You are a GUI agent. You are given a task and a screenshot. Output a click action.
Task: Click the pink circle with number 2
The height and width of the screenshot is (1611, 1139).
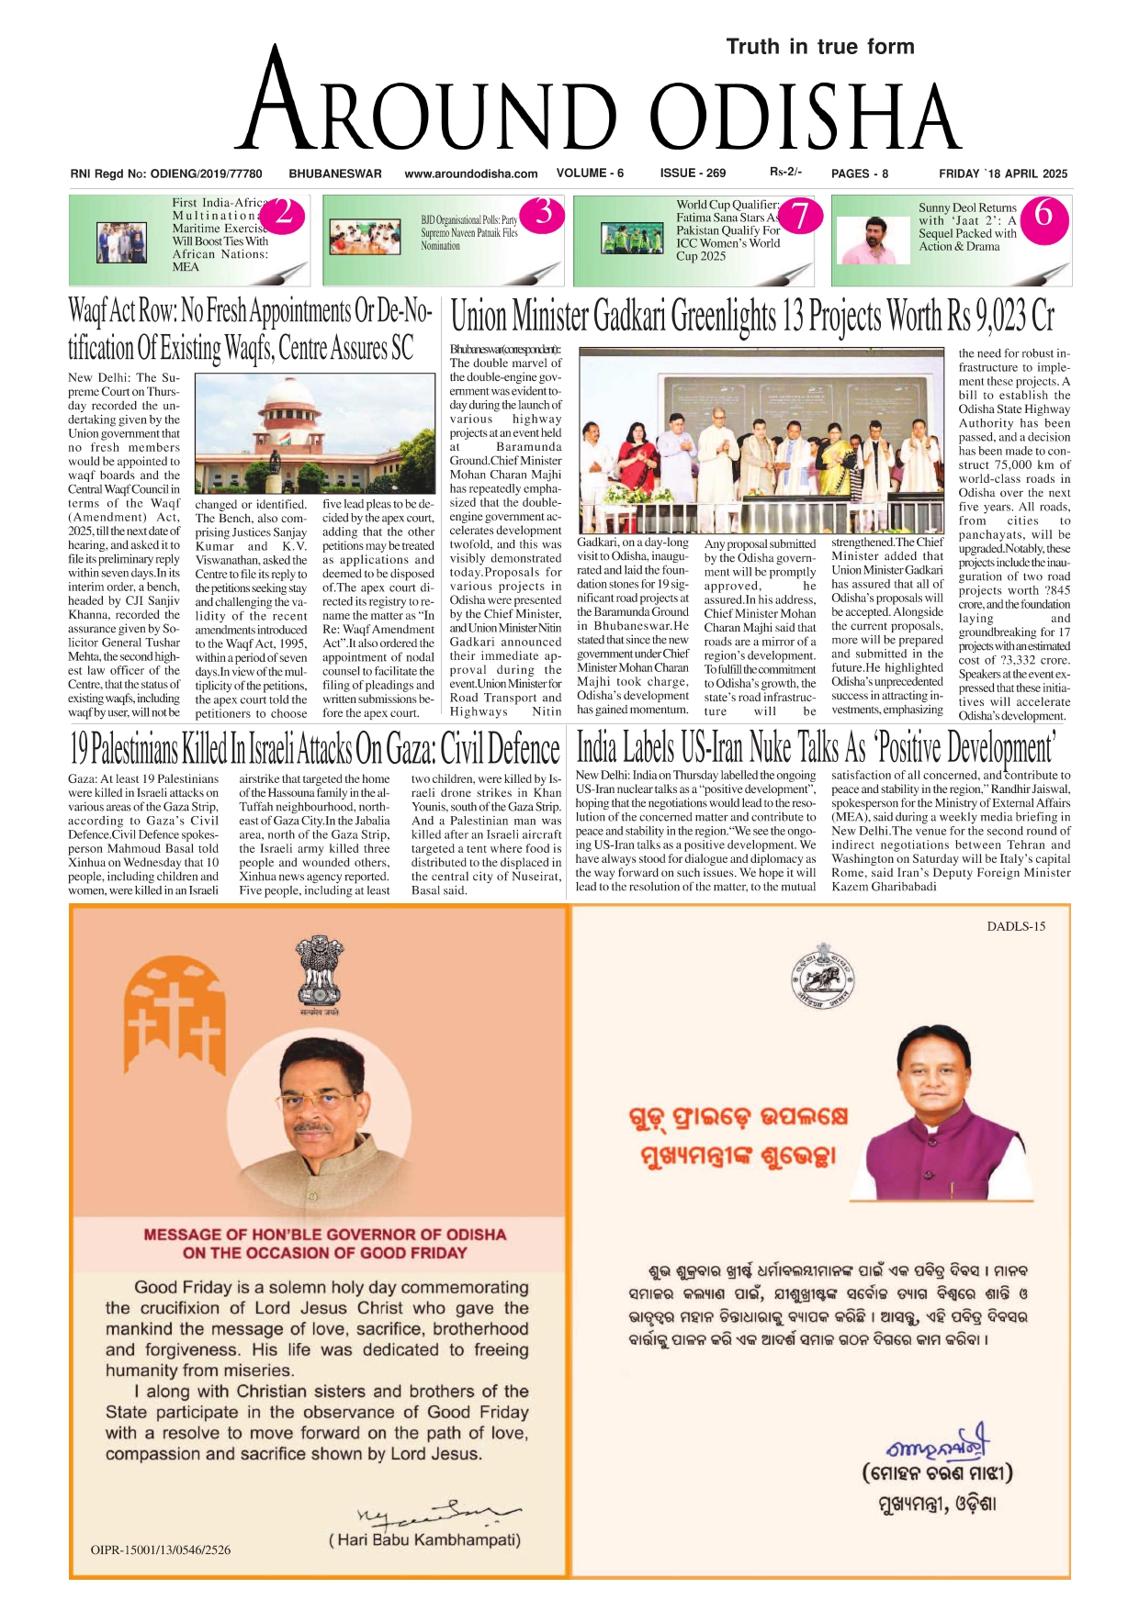[x=285, y=215]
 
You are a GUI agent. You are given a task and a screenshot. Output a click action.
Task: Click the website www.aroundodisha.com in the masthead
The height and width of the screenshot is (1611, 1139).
[x=470, y=173]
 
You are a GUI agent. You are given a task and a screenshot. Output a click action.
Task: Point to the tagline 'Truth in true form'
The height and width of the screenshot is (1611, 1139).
[x=819, y=47]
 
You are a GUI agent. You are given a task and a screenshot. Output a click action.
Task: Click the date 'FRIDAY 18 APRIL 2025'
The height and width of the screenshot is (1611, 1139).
[x=1002, y=173]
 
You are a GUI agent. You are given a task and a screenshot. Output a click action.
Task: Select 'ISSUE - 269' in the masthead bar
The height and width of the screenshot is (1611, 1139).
[x=693, y=173]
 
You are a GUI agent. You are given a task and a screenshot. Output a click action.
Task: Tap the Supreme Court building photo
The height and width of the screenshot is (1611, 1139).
[x=314, y=433]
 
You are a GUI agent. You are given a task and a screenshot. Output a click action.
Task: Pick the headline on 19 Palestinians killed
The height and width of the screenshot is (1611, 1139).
[x=314, y=749]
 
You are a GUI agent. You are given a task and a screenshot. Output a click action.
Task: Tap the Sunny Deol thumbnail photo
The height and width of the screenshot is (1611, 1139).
[x=874, y=239]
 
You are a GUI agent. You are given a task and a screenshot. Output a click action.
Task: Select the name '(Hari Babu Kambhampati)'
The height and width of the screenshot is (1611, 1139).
[x=424, y=1540]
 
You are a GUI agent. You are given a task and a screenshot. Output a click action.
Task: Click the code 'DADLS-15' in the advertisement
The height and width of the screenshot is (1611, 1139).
[x=1016, y=926]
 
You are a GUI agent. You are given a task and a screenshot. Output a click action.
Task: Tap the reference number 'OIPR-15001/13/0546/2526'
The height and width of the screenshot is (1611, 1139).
[x=161, y=1549]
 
